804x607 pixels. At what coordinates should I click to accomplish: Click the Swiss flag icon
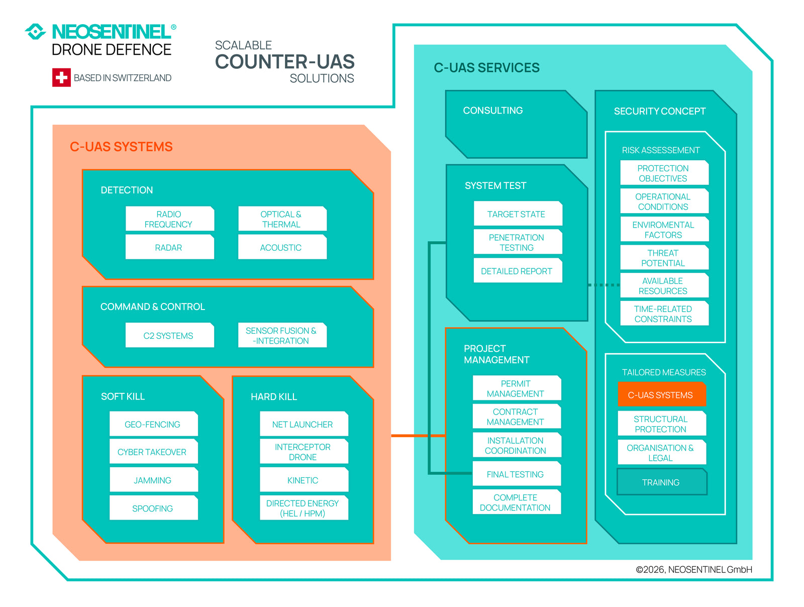(x=61, y=77)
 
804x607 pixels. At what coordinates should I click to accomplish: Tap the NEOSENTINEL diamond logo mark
(x=35, y=32)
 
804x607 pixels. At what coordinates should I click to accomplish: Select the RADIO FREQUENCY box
(x=169, y=219)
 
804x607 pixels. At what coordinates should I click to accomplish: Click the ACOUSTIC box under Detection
(x=281, y=248)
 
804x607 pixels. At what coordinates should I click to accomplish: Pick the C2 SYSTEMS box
(x=169, y=336)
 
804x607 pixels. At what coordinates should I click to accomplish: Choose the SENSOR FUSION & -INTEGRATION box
(x=281, y=336)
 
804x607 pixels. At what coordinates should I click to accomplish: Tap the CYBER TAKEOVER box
(x=153, y=452)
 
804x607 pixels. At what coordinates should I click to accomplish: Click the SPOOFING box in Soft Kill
(x=153, y=509)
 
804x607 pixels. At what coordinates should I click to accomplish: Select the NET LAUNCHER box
(x=303, y=425)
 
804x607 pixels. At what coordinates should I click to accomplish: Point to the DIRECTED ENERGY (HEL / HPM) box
(x=303, y=509)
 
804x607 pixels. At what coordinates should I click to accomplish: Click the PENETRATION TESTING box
(x=517, y=243)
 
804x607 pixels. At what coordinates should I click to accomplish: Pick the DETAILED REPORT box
(x=517, y=271)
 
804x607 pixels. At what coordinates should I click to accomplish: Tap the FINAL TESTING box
(x=516, y=474)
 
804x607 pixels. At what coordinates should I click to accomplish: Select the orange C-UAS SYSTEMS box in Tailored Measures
(x=661, y=395)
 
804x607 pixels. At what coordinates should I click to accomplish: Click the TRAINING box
(x=661, y=482)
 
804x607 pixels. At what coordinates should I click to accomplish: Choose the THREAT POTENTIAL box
(x=664, y=258)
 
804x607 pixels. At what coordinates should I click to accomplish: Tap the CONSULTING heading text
(x=493, y=111)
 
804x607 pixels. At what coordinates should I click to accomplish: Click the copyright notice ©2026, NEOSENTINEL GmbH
(x=694, y=570)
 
